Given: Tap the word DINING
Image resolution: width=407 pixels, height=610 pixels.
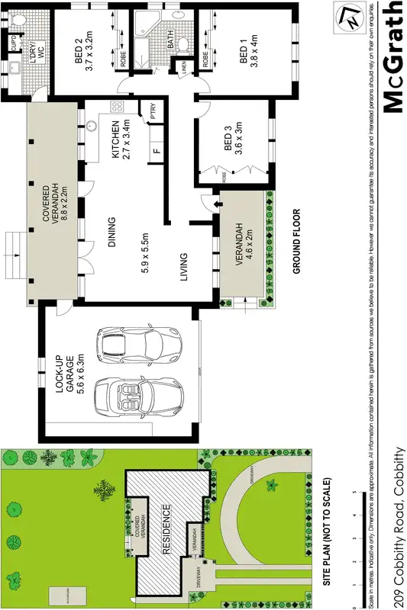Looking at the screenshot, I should click(x=111, y=233).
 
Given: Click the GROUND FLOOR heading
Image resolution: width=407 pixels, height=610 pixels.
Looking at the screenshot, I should click(x=296, y=241).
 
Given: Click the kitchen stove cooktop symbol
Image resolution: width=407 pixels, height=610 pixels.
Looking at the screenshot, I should click(x=118, y=106).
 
